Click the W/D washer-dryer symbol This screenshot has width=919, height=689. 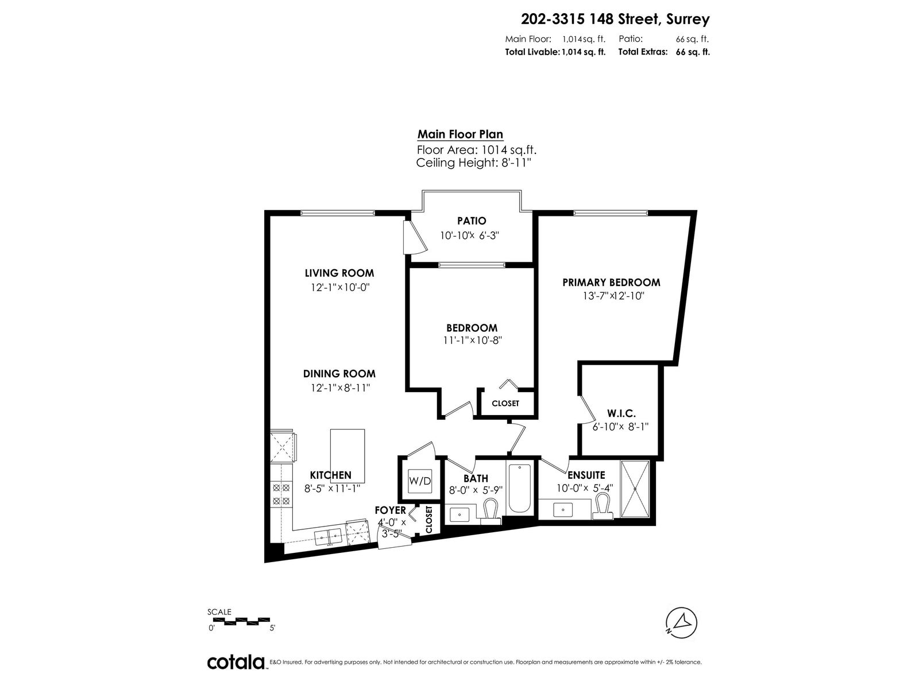[419, 481]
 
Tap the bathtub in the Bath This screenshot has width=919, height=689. [520, 488]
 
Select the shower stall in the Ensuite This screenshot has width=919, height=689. [635, 489]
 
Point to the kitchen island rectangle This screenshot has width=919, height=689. [347, 456]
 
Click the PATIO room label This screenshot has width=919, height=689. [472, 220]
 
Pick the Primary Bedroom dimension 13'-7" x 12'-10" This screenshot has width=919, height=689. [613, 296]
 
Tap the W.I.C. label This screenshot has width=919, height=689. [621, 414]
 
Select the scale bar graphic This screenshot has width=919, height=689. [247, 621]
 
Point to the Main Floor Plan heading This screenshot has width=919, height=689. [460, 134]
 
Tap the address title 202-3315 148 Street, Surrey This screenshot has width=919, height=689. [615, 20]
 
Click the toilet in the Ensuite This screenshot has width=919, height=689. [603, 506]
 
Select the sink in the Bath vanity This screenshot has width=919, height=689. [459, 514]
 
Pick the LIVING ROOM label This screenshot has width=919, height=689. [339, 273]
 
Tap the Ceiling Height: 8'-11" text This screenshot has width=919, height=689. [473, 162]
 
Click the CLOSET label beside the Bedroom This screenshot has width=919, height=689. [505, 403]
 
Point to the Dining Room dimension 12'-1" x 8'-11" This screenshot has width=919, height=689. [341, 388]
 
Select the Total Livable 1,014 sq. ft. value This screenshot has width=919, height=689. [584, 52]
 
